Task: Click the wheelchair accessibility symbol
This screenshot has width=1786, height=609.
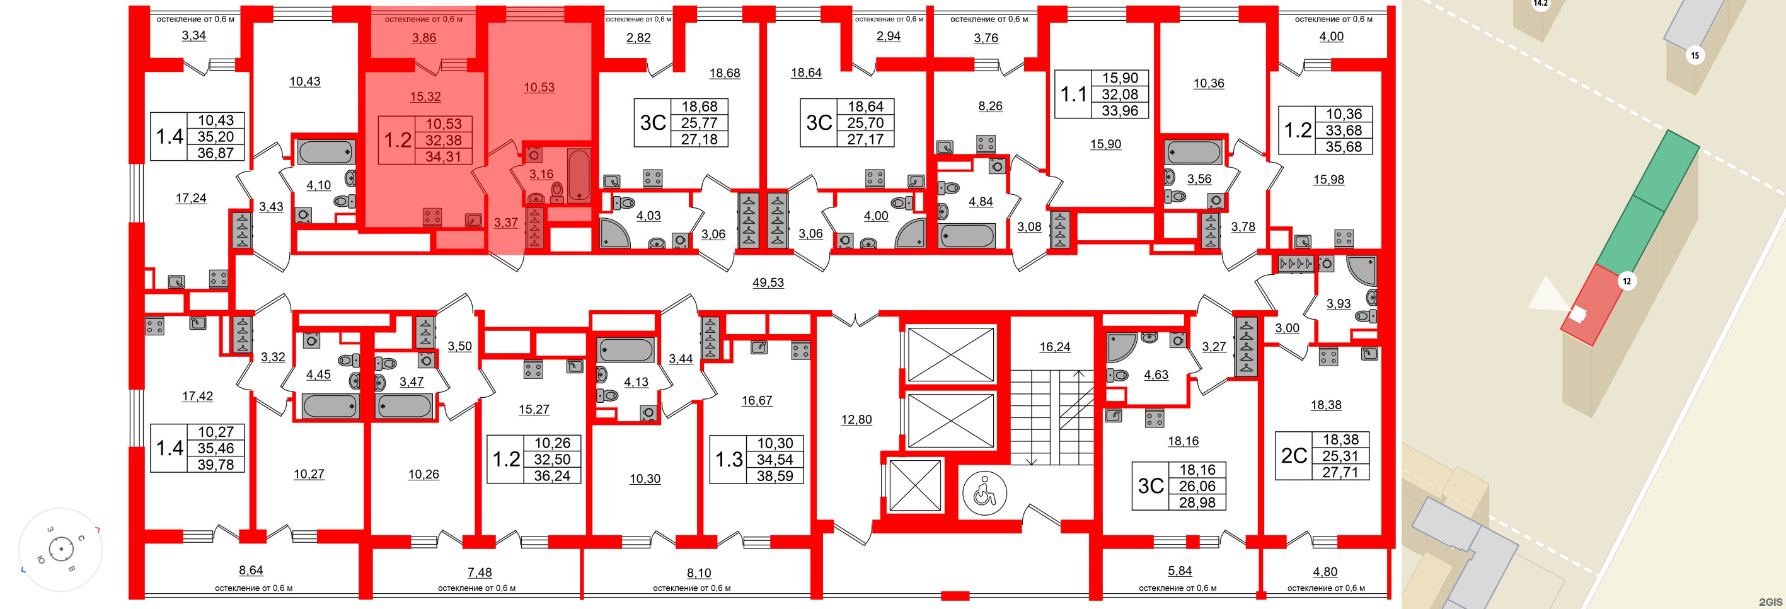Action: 984,493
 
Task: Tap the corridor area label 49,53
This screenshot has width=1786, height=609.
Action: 768,282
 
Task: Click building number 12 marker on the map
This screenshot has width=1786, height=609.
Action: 1626,281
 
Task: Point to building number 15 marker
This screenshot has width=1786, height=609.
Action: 1695,55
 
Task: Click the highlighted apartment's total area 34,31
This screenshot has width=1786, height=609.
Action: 443,157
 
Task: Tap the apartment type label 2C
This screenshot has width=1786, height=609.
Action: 1294,456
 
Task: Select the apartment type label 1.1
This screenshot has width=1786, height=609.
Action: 1073,95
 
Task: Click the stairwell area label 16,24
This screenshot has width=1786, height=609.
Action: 1054,347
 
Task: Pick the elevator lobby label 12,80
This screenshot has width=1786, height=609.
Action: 856,420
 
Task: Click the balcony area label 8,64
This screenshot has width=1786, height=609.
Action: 250,570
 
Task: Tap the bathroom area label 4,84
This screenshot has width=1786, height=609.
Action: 981,202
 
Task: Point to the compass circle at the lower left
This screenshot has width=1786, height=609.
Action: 61,550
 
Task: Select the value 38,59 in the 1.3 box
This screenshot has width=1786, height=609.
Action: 775,476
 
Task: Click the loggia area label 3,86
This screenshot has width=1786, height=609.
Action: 423,37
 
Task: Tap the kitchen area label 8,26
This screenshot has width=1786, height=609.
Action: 990,106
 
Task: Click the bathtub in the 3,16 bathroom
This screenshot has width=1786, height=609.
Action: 579,174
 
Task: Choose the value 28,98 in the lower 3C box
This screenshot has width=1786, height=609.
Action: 1197,502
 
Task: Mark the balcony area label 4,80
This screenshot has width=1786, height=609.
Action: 1325,572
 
